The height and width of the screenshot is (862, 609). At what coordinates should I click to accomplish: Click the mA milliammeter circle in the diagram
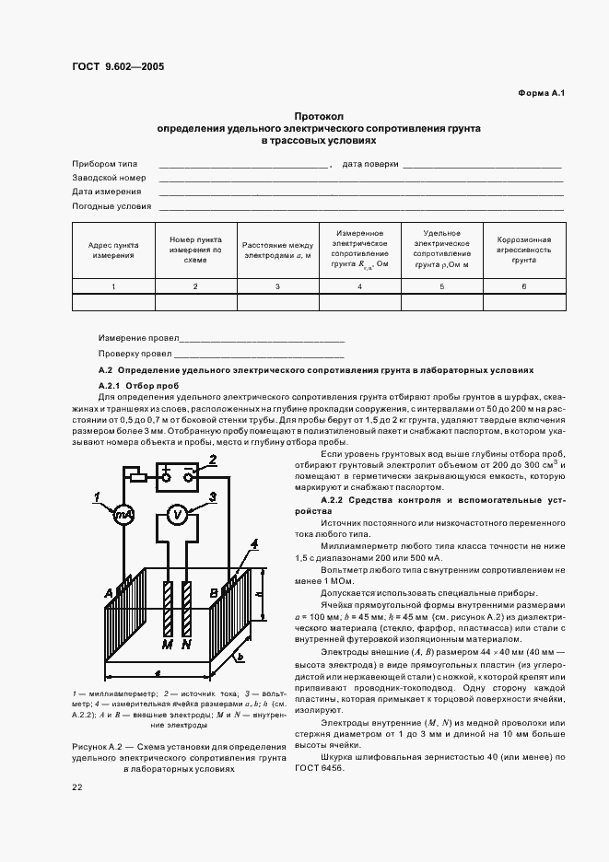(123, 517)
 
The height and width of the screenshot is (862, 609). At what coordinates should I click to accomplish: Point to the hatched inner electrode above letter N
(188, 608)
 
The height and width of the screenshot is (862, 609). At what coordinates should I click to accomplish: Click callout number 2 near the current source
(213, 460)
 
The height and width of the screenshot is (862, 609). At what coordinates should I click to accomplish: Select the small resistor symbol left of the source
(135, 476)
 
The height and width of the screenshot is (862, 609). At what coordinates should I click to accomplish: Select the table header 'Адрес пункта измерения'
(113, 250)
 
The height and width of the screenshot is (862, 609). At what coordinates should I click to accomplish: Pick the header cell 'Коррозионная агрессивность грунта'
(523, 250)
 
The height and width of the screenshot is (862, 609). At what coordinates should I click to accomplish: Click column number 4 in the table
(359, 288)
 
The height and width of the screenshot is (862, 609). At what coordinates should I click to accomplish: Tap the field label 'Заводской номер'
(109, 177)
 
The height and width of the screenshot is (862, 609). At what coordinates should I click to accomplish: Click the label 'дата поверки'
(370, 163)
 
